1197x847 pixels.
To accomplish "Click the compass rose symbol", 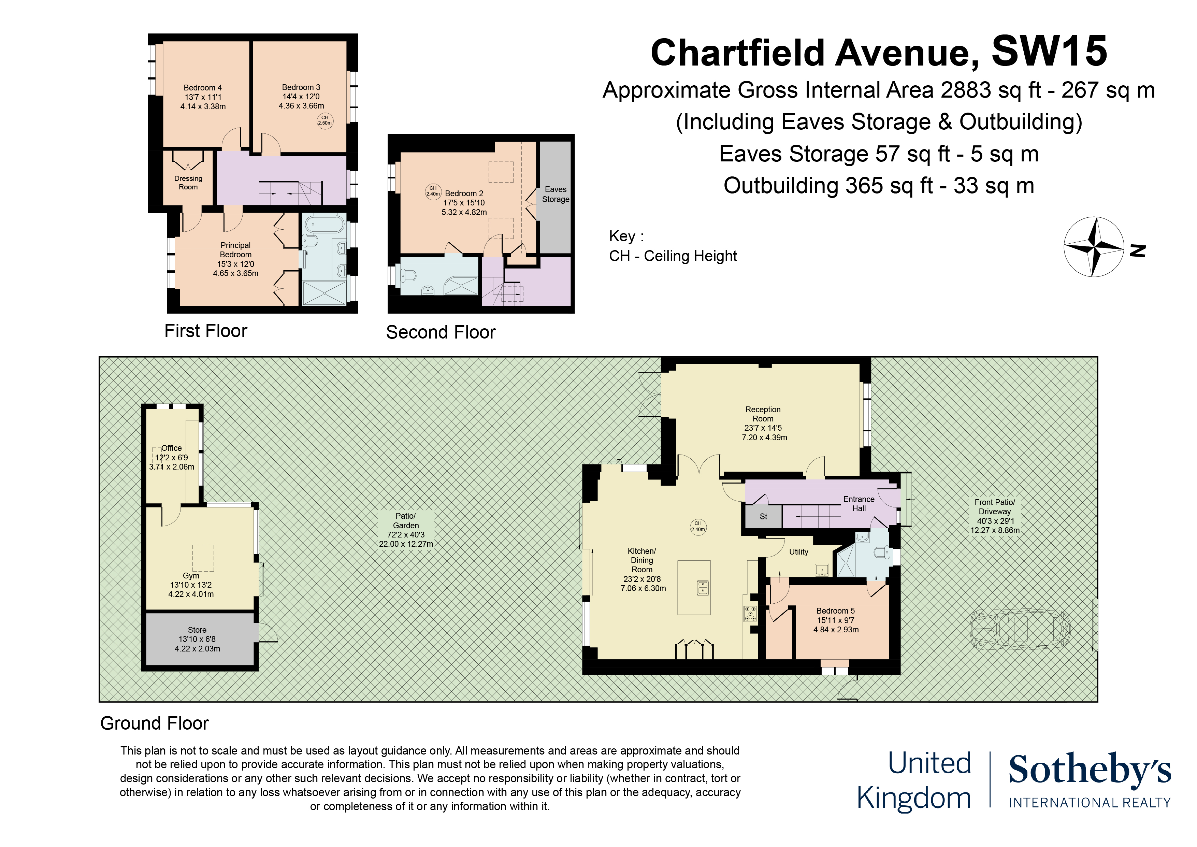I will pyautogui.click(x=1093, y=247).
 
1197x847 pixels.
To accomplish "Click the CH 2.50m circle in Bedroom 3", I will pyautogui.click(x=325, y=120).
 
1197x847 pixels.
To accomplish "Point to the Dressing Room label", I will pyautogui.click(x=188, y=183).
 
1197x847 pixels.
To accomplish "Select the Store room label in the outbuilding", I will pyautogui.click(x=197, y=630).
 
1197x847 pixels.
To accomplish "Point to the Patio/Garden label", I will pyautogui.click(x=406, y=520).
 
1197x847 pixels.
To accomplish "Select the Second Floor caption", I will pyautogui.click(x=441, y=332).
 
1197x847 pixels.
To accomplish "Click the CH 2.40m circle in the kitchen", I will pyautogui.click(x=698, y=526).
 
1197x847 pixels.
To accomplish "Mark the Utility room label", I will pyautogui.click(x=798, y=552).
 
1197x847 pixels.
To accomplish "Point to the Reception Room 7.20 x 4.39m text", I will pyautogui.click(x=764, y=437).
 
